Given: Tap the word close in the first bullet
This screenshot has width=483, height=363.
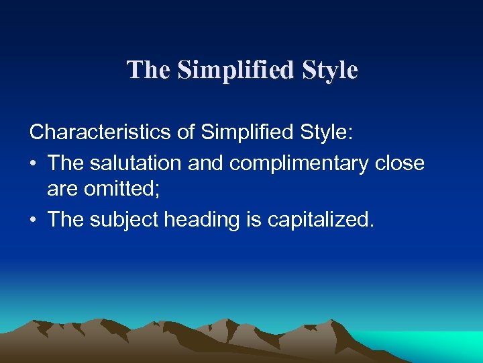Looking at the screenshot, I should click(400, 163).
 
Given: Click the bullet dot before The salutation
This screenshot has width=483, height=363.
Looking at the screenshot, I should click(34, 163).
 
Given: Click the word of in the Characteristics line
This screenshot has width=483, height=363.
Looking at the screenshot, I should click(185, 132).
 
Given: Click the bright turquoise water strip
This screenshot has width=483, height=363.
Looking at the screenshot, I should click(429, 346).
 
